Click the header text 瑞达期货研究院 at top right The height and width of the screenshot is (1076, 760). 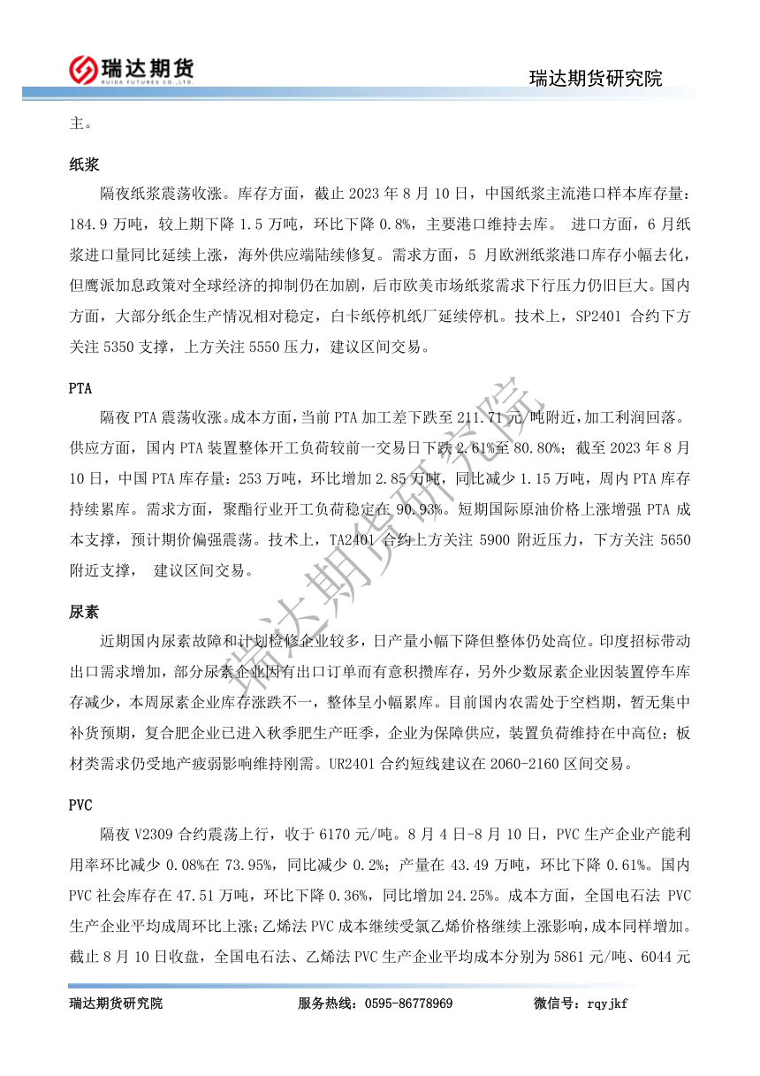(595, 78)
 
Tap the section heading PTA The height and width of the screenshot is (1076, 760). (81, 387)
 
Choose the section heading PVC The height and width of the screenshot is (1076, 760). (81, 805)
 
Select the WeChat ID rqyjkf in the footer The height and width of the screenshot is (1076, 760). (604, 1004)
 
